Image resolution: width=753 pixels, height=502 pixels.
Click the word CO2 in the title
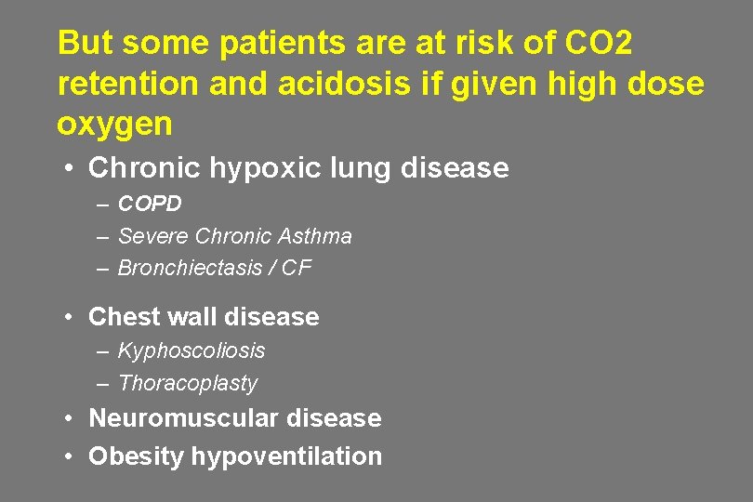(597, 43)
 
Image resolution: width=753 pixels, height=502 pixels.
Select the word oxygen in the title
(114, 125)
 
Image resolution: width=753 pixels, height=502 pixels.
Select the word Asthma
(313, 236)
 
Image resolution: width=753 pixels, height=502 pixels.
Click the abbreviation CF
(297, 268)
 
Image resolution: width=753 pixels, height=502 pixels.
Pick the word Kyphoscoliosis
(192, 350)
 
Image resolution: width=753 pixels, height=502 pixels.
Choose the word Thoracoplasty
(188, 383)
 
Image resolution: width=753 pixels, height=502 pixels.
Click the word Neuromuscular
(183, 418)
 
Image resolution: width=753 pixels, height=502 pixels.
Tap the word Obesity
(136, 456)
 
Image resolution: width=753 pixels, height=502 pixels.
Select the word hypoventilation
(286, 456)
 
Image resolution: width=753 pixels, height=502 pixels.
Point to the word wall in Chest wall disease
(192, 317)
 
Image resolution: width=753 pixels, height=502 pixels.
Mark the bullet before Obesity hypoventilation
(70, 456)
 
